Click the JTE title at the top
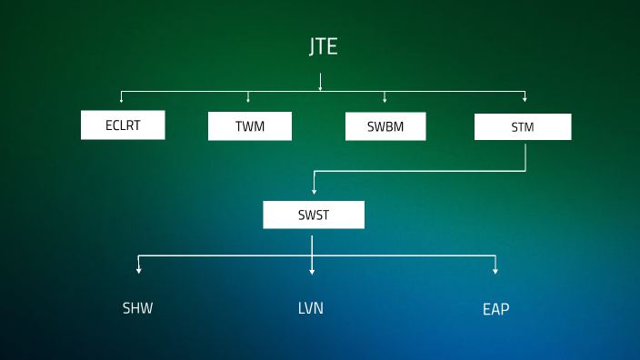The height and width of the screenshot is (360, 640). [x=323, y=47]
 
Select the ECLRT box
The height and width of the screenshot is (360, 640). [x=123, y=125]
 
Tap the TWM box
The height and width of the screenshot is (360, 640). [x=250, y=126]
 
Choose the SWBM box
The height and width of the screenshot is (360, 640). [x=385, y=126]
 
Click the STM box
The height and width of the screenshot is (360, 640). [x=523, y=127]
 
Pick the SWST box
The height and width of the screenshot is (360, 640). [x=314, y=215]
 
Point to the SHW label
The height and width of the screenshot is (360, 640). [x=138, y=308]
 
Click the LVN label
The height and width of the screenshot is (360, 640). [x=311, y=308]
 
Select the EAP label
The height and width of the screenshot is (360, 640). [x=495, y=309]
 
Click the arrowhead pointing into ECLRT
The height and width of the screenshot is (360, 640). [x=121, y=99]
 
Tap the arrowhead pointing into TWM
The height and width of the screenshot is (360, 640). [x=248, y=99]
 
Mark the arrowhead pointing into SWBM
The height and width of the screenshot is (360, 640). [x=385, y=99]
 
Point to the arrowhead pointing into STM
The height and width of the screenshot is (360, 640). [x=525, y=99]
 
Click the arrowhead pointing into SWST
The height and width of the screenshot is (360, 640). [x=314, y=191]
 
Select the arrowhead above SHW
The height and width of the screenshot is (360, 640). [x=138, y=270]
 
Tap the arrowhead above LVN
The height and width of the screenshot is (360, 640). [x=312, y=270]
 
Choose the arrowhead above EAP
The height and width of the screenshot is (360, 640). [x=495, y=270]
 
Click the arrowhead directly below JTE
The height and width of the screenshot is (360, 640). [x=320, y=88]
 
